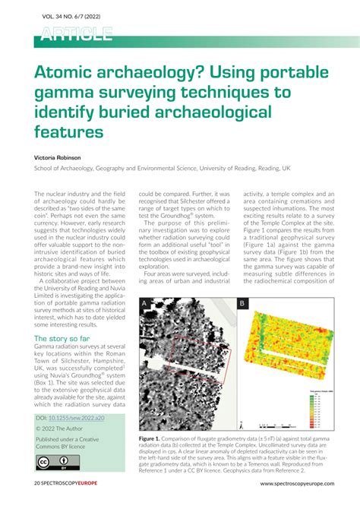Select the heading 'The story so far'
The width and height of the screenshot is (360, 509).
(x=65, y=338)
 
